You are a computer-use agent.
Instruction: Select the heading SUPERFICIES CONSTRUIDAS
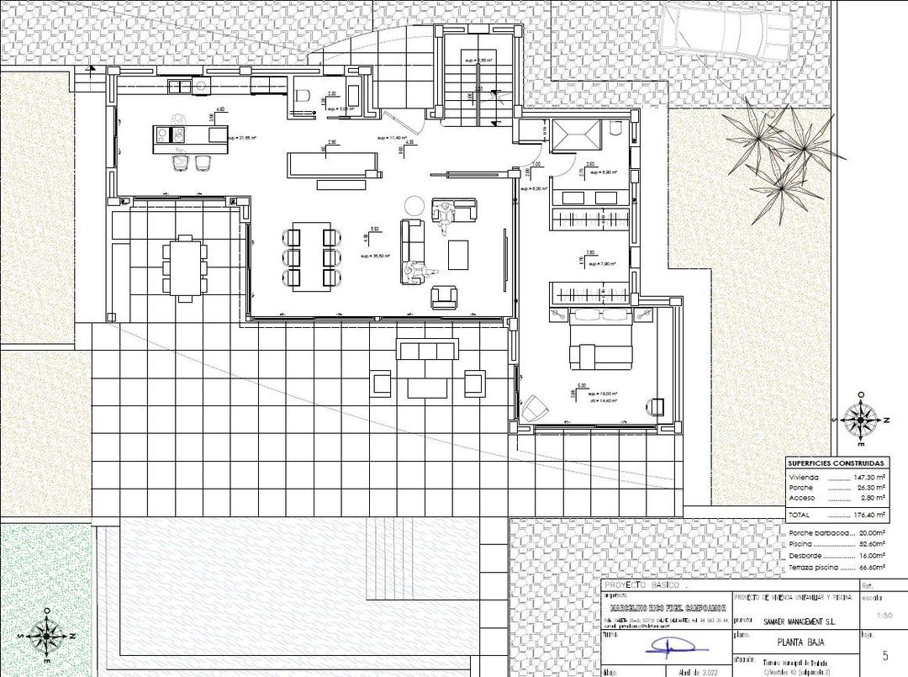click(x=836, y=463)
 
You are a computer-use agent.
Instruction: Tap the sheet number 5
click(x=884, y=656)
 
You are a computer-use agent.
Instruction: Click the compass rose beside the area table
click(x=860, y=418)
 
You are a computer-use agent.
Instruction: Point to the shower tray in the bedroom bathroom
click(x=578, y=135)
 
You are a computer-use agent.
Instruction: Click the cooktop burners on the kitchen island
click(x=166, y=133)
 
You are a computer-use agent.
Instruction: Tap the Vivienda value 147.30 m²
click(x=868, y=477)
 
